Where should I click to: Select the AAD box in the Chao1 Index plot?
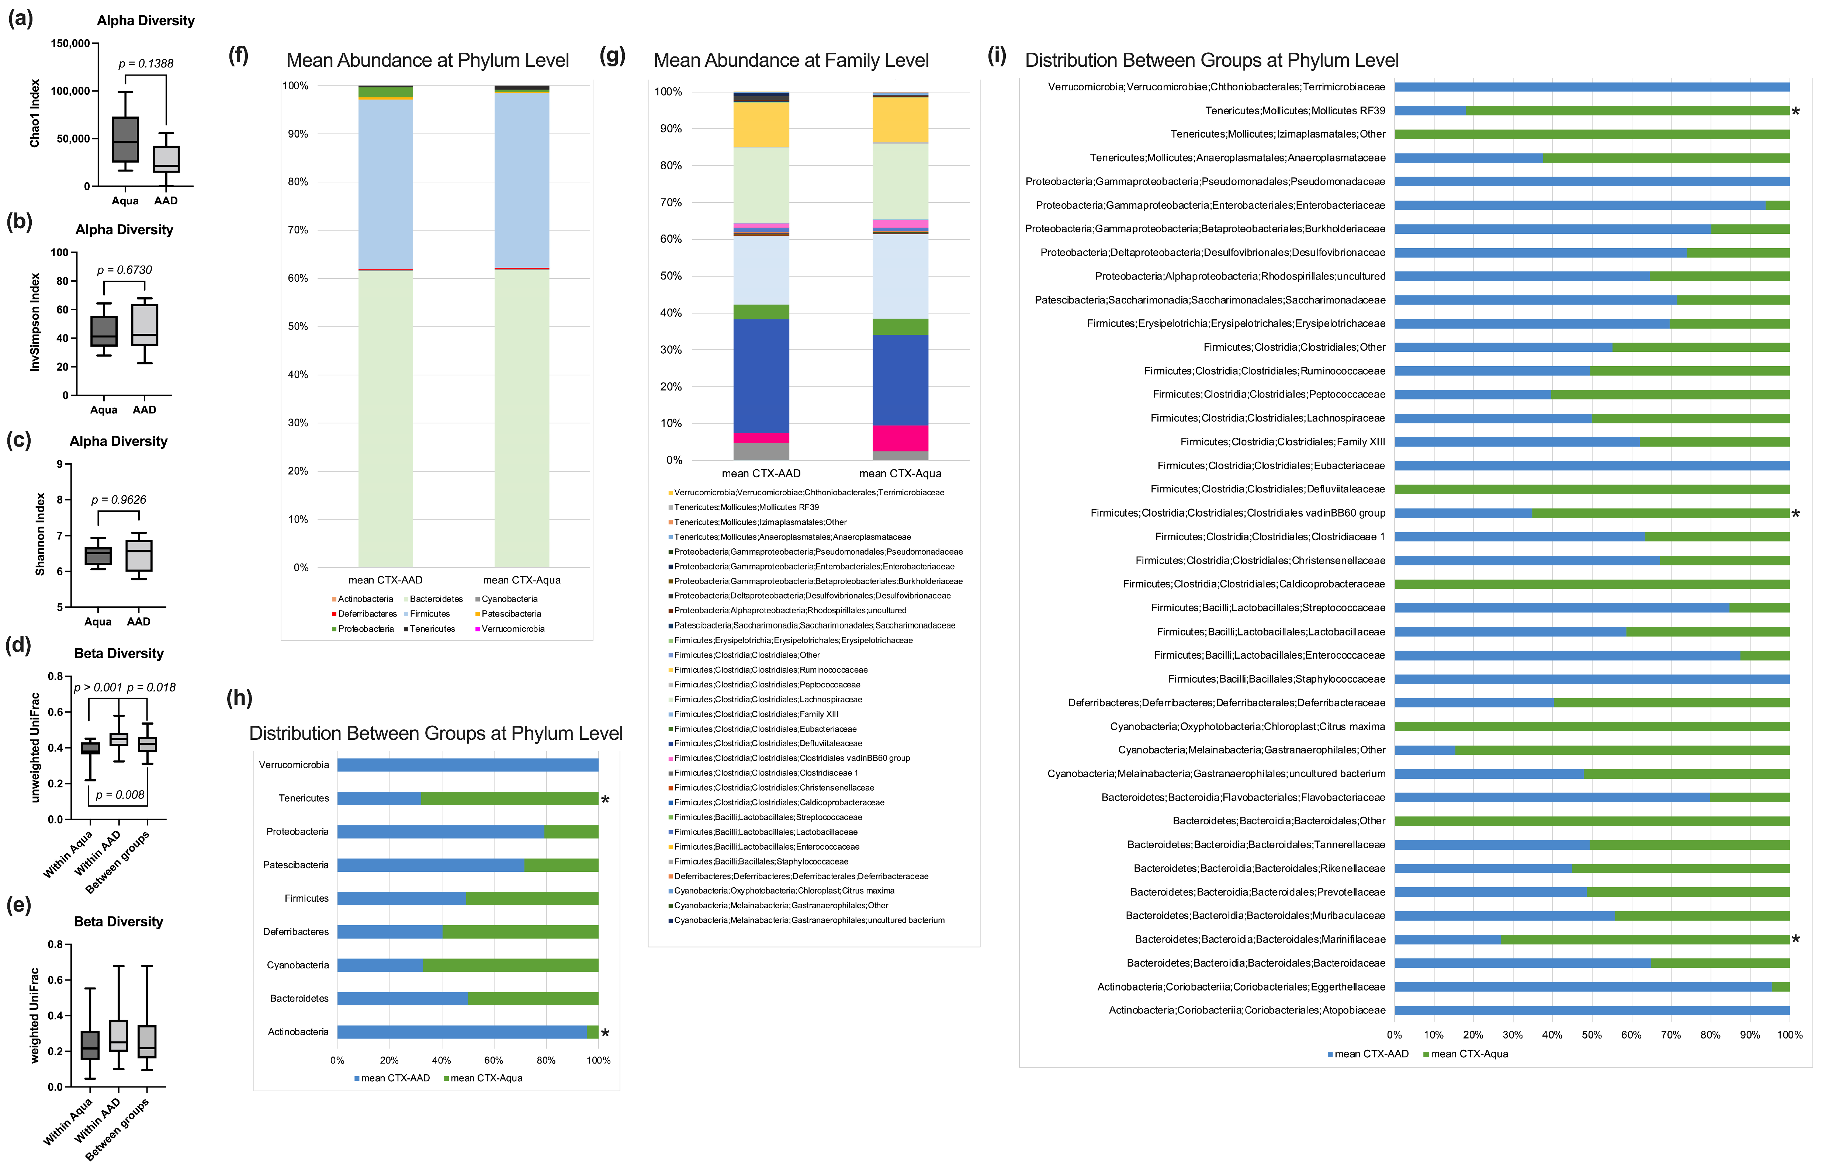166,158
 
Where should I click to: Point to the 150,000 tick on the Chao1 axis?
70,44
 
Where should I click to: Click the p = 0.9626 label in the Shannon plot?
119,500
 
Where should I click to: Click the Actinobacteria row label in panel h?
298,1032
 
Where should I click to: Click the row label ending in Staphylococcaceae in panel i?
1276,679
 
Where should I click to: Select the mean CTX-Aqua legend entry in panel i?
1468,1054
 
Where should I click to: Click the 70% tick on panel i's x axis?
1670,1035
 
